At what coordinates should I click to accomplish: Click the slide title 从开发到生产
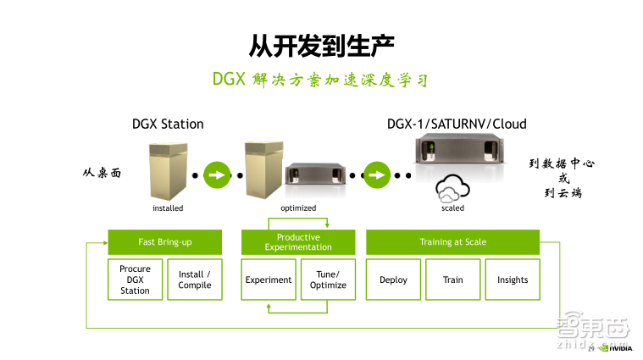(322, 43)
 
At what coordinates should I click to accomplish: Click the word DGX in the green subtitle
(229, 80)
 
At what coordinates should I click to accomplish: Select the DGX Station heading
(168, 124)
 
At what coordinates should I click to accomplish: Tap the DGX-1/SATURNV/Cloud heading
(456, 124)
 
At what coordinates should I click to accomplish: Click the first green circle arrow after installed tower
(217, 176)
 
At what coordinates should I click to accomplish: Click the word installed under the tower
(168, 208)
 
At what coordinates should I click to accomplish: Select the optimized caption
(298, 208)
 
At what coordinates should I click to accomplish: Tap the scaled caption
(452, 208)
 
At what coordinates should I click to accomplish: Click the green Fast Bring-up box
(165, 242)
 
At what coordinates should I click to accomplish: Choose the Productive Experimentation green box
(298, 242)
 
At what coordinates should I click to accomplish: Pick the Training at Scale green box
(452, 242)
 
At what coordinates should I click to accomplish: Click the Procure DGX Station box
(135, 280)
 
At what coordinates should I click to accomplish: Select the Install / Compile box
(195, 280)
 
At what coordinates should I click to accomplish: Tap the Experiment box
(269, 280)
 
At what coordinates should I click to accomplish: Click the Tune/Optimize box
(328, 280)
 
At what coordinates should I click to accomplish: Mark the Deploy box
(393, 280)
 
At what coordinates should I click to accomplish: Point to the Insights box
(513, 280)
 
